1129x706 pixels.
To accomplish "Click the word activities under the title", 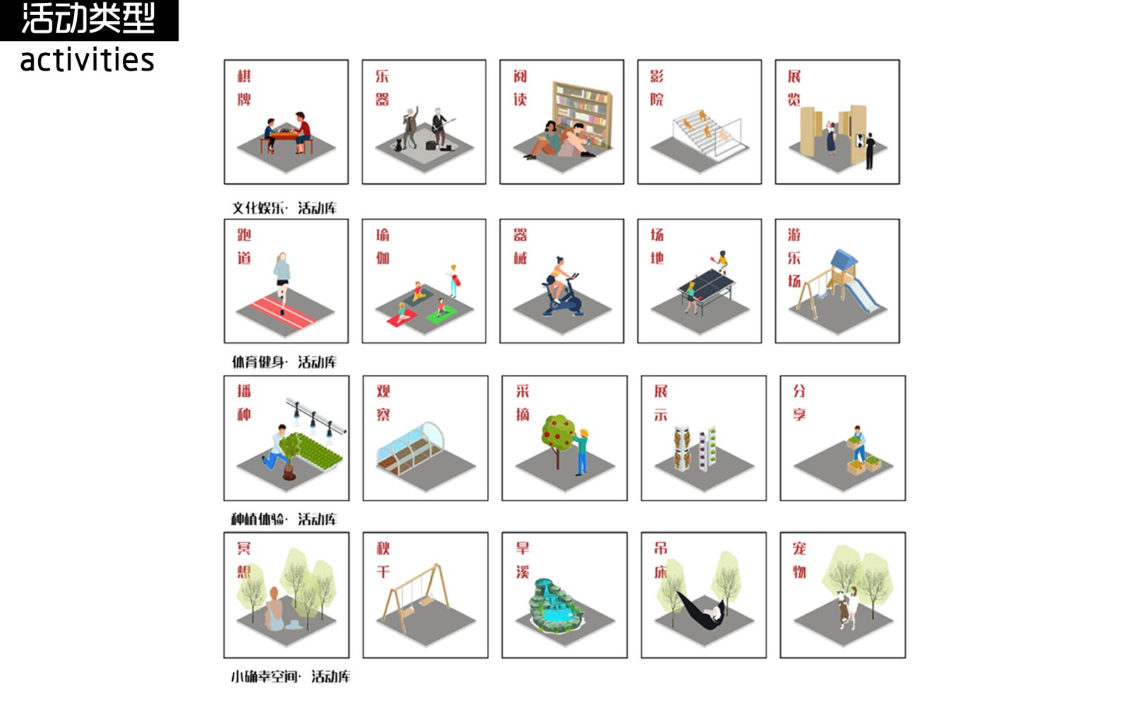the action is (x=87, y=60).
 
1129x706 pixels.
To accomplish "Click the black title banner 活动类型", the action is (x=89, y=20).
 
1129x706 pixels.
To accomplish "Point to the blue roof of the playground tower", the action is (x=843, y=260).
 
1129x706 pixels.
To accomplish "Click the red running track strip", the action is (x=283, y=313).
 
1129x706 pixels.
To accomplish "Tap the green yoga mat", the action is (x=441, y=314).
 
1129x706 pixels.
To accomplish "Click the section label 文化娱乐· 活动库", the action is (x=284, y=208).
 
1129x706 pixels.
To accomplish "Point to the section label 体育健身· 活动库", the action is (x=284, y=361).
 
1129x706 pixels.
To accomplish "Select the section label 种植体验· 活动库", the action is (x=284, y=519).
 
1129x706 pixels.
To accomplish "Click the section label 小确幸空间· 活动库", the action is (x=291, y=676).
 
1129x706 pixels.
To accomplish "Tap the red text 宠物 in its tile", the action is (x=799, y=561).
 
